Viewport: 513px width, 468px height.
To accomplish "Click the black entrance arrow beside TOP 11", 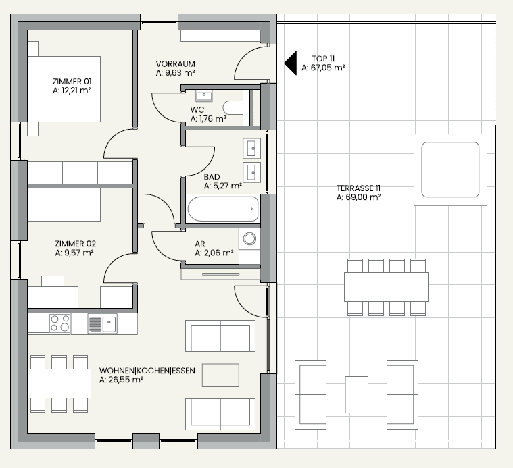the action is tap(291, 63).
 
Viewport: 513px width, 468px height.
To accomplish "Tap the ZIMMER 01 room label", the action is tap(72, 82).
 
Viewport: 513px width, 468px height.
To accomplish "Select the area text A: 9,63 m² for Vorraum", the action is tap(175, 73).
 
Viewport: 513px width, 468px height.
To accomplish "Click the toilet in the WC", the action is tap(233, 107).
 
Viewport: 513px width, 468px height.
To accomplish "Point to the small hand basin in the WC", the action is tap(204, 96).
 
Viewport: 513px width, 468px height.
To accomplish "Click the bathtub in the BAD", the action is tap(223, 209).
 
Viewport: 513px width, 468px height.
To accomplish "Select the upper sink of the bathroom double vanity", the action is tap(252, 149).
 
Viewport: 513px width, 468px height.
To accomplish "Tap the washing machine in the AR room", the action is tap(249, 239).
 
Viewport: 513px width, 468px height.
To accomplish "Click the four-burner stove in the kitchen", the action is tap(60, 323).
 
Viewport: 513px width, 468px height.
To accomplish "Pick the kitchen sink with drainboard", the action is tap(103, 324).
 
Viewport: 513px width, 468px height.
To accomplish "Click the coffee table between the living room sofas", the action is tap(220, 375).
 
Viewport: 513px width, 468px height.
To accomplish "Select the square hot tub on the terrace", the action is tap(451, 170).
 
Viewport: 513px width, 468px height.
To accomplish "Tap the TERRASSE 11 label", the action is tap(358, 188).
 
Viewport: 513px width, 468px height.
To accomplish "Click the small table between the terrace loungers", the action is tap(357, 394).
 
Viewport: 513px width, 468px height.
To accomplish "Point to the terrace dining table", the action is tap(386, 287).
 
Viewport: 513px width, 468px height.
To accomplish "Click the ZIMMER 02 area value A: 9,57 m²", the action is tap(74, 253).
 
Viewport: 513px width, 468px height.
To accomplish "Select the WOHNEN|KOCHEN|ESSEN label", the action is tap(147, 371).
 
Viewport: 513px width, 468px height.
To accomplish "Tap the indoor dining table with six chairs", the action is tap(59, 384).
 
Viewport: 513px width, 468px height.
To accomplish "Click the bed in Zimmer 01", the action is tap(64, 89).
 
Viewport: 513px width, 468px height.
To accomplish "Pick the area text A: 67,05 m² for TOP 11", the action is tap(323, 68).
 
